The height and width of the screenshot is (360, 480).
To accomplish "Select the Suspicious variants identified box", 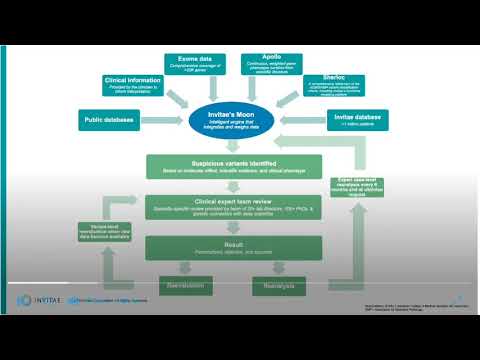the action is [x=238, y=166].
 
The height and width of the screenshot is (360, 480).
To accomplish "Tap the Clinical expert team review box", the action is [x=238, y=208].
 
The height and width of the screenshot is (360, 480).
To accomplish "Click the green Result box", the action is [x=238, y=246].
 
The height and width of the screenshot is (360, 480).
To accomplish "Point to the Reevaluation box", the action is [x=188, y=288].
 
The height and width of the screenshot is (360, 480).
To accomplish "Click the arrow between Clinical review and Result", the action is [x=238, y=227].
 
